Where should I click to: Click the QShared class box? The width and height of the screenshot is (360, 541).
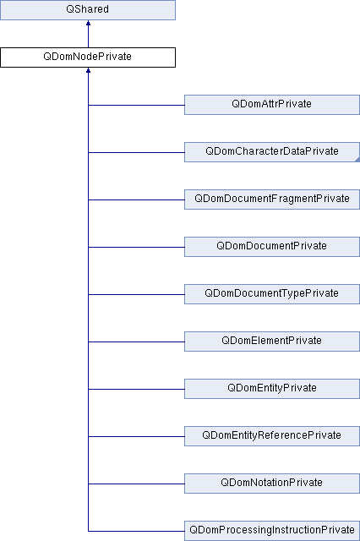pyautogui.click(x=88, y=9)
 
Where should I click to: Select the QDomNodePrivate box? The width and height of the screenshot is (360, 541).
pyautogui.click(x=88, y=57)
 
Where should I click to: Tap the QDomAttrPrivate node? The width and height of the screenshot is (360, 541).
pyautogui.click(x=272, y=105)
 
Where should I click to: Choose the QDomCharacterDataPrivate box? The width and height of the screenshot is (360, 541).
pyautogui.click(x=272, y=152)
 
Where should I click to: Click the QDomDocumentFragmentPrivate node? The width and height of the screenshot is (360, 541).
pyautogui.click(x=272, y=199)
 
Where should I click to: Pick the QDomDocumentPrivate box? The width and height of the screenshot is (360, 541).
pyautogui.click(x=272, y=247)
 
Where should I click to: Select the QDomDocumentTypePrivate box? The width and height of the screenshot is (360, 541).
pyautogui.click(x=272, y=294)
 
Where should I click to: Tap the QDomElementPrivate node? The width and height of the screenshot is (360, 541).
pyautogui.click(x=272, y=342)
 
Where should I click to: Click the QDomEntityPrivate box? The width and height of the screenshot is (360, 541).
pyautogui.click(x=272, y=389)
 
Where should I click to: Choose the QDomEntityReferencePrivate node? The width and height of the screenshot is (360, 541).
pyautogui.click(x=272, y=436)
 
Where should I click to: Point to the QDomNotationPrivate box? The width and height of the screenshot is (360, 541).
pyautogui.click(x=272, y=484)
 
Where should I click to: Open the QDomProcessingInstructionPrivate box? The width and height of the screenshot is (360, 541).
pyautogui.click(x=272, y=531)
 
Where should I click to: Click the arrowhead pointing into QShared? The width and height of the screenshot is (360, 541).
pyautogui.click(x=88, y=23)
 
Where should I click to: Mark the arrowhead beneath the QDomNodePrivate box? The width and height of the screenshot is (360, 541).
pyautogui.click(x=88, y=70)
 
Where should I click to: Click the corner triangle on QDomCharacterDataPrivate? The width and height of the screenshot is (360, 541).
pyautogui.click(x=357, y=160)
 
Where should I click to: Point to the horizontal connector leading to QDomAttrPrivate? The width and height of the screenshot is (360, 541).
pyautogui.click(x=137, y=105)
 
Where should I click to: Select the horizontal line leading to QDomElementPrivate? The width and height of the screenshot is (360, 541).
pyautogui.click(x=137, y=342)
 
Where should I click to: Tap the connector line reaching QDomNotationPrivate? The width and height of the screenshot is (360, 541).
pyautogui.click(x=137, y=484)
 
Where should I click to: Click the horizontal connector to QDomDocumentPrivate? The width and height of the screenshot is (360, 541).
pyautogui.click(x=137, y=247)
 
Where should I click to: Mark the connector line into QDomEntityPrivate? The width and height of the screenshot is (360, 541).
pyautogui.click(x=137, y=389)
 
